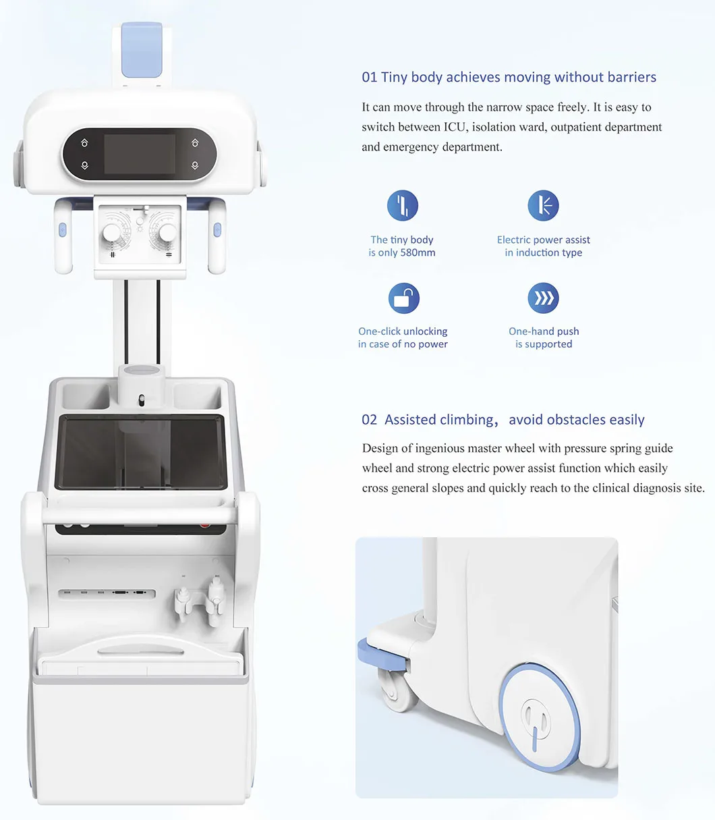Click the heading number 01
click(369, 78)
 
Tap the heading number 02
click(369, 420)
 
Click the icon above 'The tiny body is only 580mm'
click(402, 205)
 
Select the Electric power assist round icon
click(543, 205)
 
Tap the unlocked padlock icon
click(403, 298)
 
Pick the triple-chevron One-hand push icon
click(543, 298)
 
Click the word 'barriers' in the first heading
click(631, 78)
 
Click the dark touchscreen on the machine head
click(140, 154)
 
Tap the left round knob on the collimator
click(111, 234)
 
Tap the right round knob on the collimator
click(168, 234)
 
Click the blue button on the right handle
click(217, 229)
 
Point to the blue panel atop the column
click(142, 51)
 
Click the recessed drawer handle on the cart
click(140, 651)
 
